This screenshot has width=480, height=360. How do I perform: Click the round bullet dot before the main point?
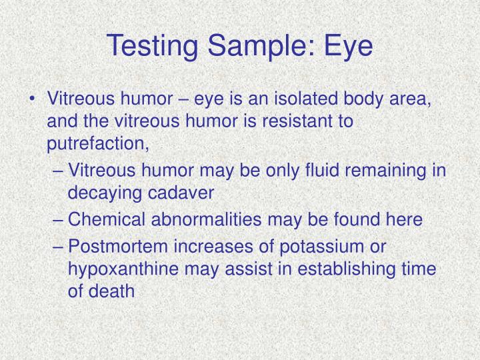click(33, 101)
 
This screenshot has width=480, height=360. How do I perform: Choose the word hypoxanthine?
click(123, 269)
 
